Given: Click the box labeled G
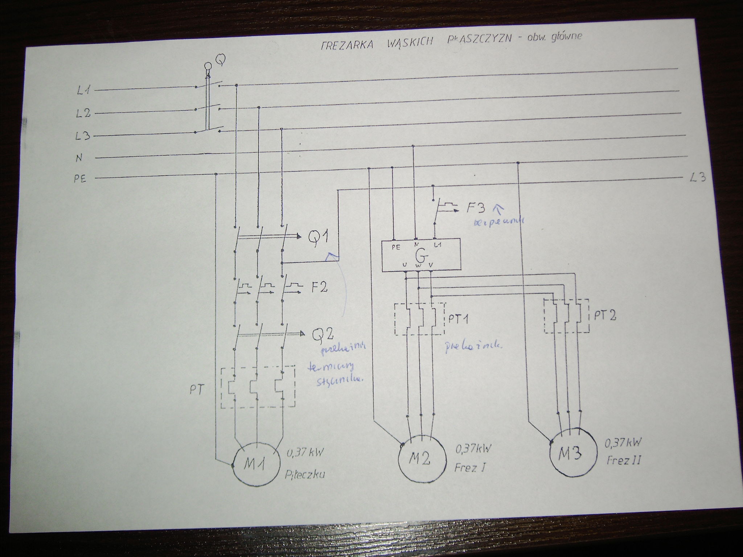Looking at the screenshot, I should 421,255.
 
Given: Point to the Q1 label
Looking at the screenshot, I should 318,238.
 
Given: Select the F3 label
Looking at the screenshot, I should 476,209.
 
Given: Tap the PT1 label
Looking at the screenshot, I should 458,319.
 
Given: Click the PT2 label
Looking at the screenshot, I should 605,315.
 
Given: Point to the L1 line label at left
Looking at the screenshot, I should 83,90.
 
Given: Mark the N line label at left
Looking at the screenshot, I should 79,158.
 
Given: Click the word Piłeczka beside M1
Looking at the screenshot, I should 304,474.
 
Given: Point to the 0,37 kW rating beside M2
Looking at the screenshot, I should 473,449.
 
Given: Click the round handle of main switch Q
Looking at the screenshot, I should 208,66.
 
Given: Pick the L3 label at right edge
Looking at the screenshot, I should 697,178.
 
